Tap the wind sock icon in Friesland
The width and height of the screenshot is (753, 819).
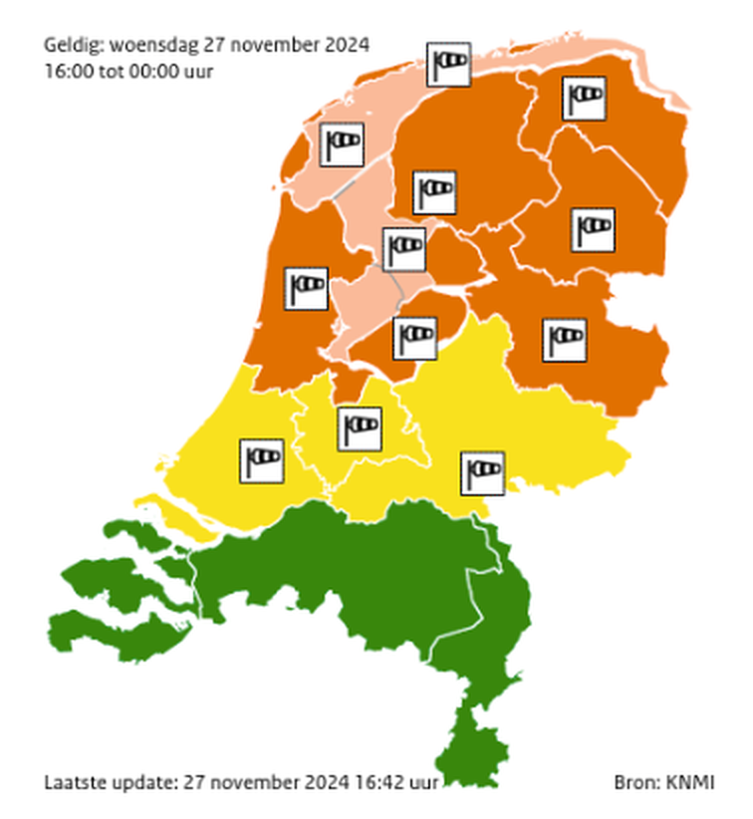point(435,189)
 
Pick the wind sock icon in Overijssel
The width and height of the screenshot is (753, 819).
point(564,339)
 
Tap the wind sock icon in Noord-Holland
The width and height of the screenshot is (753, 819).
point(306,288)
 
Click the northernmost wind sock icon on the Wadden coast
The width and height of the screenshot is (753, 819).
point(448,64)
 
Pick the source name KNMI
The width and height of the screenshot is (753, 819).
point(694,782)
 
